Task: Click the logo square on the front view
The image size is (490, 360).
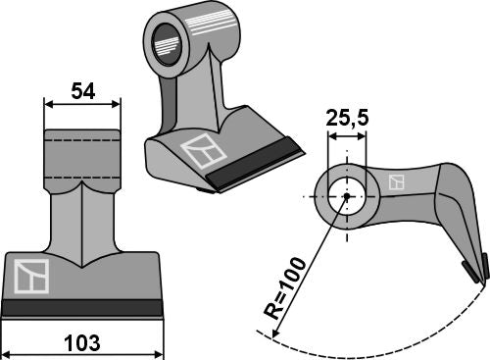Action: pyautogui.click(x=28, y=275)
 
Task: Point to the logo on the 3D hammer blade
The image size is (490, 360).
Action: pyautogui.click(x=203, y=154)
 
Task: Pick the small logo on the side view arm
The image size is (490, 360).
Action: pyautogui.click(x=397, y=182)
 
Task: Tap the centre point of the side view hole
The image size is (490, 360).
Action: pyautogui.click(x=347, y=196)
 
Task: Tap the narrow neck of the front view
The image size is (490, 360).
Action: pyautogui.click(x=81, y=211)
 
